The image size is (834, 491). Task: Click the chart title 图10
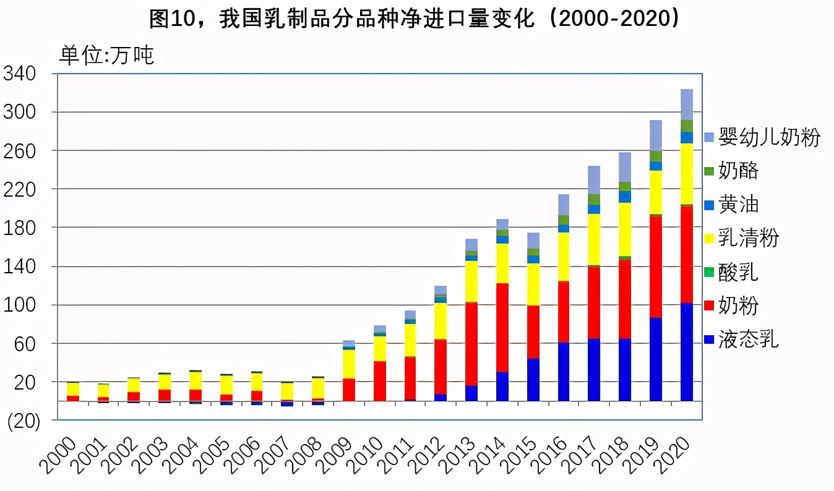pyautogui.click(x=416, y=19)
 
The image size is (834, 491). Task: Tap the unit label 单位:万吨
pyautogui.click(x=106, y=56)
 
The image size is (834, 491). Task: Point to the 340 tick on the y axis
pyautogui.click(x=20, y=74)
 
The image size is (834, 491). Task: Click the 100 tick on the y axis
pyautogui.click(x=20, y=305)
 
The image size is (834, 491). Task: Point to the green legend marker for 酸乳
pyautogui.click(x=709, y=272)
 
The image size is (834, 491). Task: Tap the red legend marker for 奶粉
pyautogui.click(x=709, y=305)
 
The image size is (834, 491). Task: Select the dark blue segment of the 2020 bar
pyautogui.click(x=687, y=352)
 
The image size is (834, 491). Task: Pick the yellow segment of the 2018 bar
pyautogui.click(x=625, y=229)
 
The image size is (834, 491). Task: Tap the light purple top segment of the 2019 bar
pyautogui.click(x=656, y=135)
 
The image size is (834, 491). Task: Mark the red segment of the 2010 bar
pyautogui.click(x=380, y=381)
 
